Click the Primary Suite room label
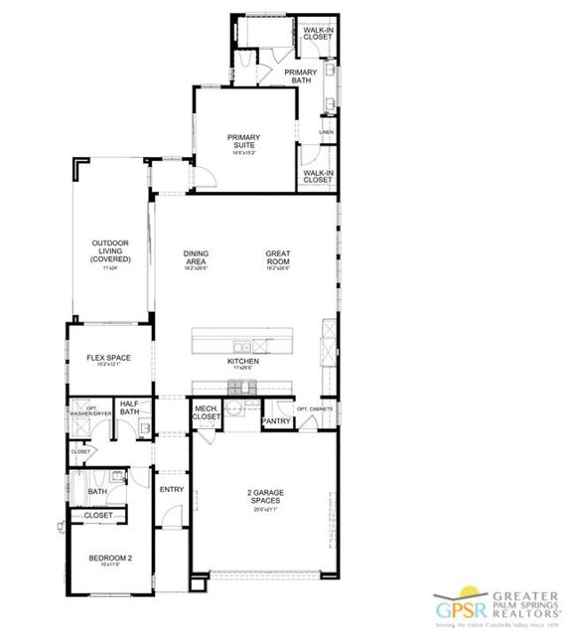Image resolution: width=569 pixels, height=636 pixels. pyautogui.click(x=243, y=141)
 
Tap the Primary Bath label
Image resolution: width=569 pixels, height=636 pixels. pyautogui.click(x=300, y=77)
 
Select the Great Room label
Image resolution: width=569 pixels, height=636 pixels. pyautogui.click(x=277, y=255)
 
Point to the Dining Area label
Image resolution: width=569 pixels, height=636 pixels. pyautogui.click(x=196, y=255)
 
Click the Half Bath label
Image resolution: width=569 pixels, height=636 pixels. pyautogui.click(x=128, y=408)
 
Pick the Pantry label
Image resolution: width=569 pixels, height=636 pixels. pyautogui.click(x=275, y=421)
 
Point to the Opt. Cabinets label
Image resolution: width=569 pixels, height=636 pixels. pyautogui.click(x=314, y=408)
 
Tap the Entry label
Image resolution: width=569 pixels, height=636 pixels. pyautogui.click(x=172, y=489)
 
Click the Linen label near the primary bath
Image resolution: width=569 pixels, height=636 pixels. pyautogui.click(x=326, y=131)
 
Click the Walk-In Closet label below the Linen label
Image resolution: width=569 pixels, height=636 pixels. pyautogui.click(x=318, y=176)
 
